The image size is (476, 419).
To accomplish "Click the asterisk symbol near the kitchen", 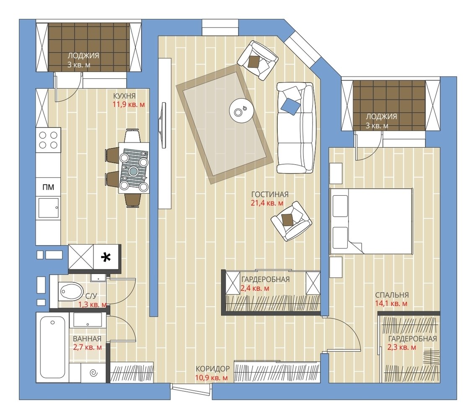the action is tap(106, 258).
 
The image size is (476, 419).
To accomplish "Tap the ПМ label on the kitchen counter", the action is tap(48, 187).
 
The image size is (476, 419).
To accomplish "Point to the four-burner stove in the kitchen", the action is tap(48, 140).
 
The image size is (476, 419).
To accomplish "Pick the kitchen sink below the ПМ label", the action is tap(48, 208).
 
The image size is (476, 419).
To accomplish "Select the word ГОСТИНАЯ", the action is tap(270, 194).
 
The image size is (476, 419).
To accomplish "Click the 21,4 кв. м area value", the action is tap(267, 203).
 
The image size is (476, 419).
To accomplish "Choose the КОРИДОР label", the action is tap(212, 369).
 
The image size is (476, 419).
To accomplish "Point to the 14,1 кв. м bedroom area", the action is tap(391, 303).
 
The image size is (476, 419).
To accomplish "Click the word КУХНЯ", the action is tap(124, 96).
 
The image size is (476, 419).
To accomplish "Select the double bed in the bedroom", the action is tap(371, 221).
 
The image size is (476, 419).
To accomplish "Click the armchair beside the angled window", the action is tap(258, 60).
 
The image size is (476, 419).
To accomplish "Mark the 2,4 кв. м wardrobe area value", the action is tap(255, 288).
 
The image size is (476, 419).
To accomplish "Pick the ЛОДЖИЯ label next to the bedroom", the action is tap(381, 116).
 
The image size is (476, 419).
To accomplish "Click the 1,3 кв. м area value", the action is tap(93, 305).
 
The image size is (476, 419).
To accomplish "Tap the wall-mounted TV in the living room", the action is tap(163, 125).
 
